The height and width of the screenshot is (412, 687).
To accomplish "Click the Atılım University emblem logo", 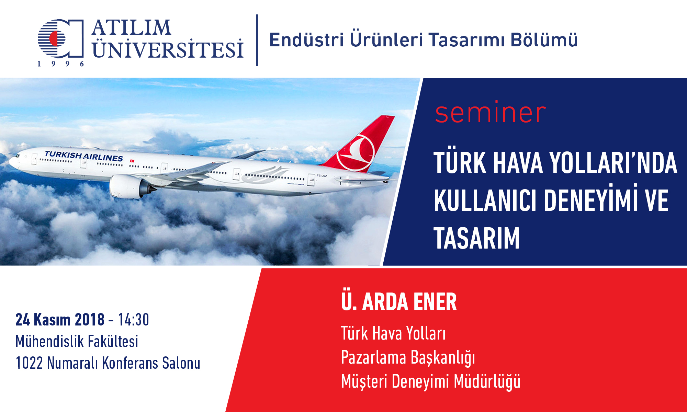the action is pyautogui.click(x=60, y=38).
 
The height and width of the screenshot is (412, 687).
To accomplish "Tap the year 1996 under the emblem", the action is pyautogui.click(x=60, y=64).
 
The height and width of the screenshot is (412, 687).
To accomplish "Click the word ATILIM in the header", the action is pyautogui.click(x=131, y=27).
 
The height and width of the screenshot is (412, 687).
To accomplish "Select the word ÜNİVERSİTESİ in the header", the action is pyautogui.click(x=168, y=48).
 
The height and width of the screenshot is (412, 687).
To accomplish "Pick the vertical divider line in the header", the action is pyautogui.click(x=257, y=40).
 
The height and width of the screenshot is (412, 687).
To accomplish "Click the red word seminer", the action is pyautogui.click(x=490, y=113).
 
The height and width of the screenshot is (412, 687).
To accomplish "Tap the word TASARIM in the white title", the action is pyautogui.click(x=476, y=238).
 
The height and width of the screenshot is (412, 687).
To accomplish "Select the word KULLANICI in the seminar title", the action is pyautogui.click(x=485, y=201).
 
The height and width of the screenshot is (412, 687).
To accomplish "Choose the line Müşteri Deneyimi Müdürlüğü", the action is pyautogui.click(x=431, y=382).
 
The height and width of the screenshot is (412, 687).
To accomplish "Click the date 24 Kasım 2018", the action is pyautogui.click(x=60, y=320).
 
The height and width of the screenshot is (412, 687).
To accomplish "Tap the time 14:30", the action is pyautogui.click(x=134, y=320).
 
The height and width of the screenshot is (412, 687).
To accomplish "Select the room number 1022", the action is pyautogui.click(x=29, y=363).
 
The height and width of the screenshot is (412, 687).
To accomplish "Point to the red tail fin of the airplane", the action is pyautogui.click(x=361, y=144).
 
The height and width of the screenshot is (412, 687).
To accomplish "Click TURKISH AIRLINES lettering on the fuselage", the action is pyautogui.click(x=84, y=156).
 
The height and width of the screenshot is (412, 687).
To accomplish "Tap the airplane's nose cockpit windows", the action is pyautogui.click(x=17, y=156).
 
